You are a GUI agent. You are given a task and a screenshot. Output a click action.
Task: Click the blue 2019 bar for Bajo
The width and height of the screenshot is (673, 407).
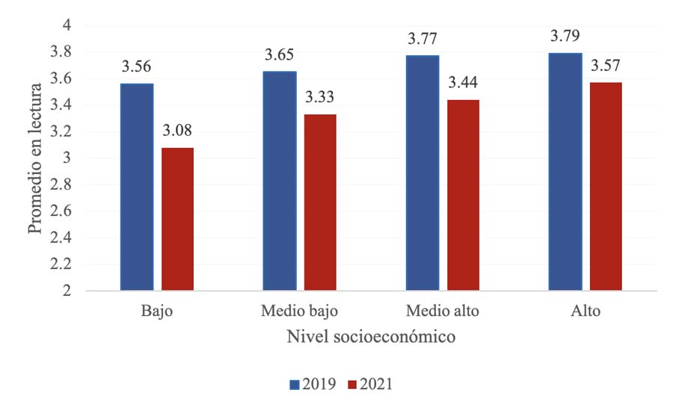coord(137,187)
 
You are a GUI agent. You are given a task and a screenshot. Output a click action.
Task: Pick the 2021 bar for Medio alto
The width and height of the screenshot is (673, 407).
coord(464,195)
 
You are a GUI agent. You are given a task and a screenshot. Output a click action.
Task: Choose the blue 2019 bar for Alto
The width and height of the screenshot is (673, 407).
coord(565,172)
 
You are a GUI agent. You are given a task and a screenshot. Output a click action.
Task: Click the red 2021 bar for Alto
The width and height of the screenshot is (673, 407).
coord(606,186)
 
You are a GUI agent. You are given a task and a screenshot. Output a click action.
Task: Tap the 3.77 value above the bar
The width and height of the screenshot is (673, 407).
coord(422,39)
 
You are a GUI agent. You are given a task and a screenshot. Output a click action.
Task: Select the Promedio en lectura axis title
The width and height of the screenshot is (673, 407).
coord(34,159)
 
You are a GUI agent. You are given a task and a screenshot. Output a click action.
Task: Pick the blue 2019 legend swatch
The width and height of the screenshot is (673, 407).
coord(295,385)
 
